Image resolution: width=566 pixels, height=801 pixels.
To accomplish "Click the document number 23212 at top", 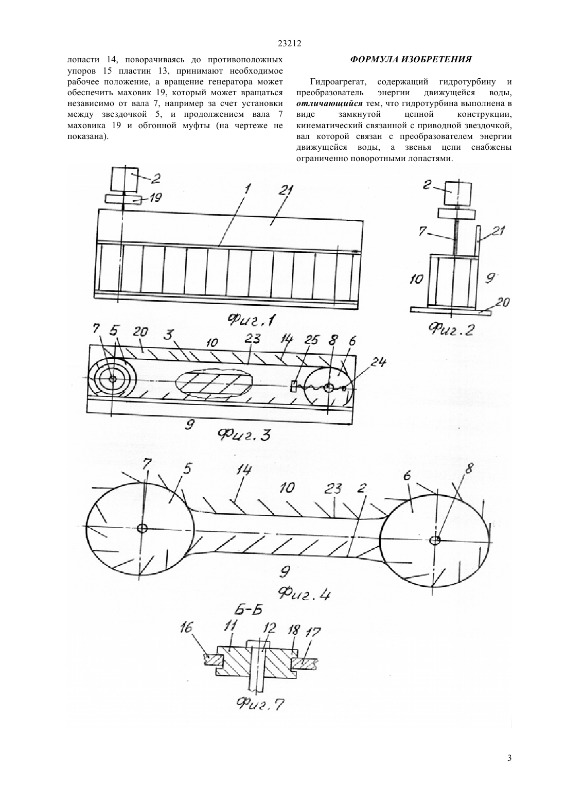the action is click(x=289, y=44).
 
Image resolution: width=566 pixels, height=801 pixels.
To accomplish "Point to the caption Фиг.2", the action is click(x=452, y=328).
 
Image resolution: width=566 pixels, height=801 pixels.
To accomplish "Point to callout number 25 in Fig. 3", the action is click(x=310, y=340).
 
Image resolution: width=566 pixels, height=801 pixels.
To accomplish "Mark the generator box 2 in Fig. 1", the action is click(x=125, y=179).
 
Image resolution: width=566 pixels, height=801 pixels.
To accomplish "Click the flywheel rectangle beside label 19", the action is click(x=123, y=200).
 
